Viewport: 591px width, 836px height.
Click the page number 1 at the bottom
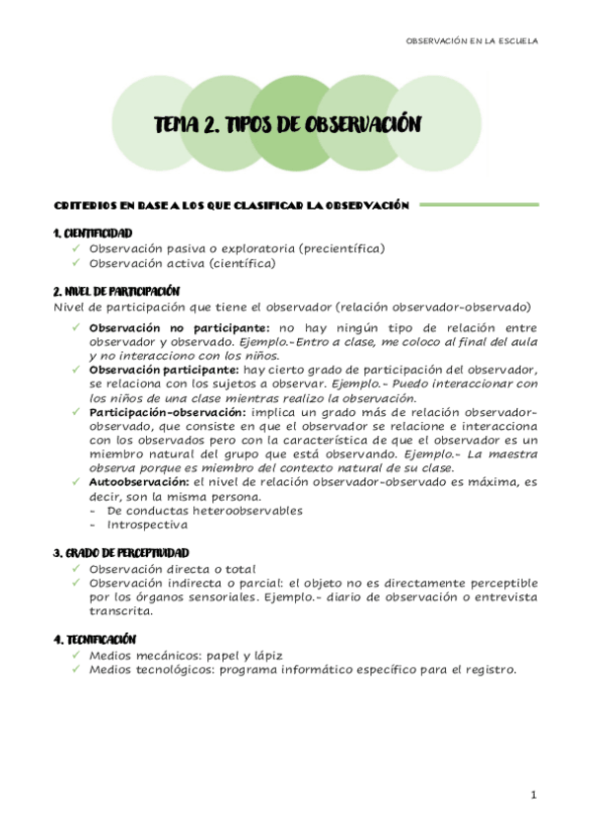point(532,795)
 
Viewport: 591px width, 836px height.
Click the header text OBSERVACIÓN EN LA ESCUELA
point(473,40)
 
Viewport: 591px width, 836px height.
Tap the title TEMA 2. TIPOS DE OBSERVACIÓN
point(288,124)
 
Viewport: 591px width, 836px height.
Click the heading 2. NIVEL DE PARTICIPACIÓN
point(115,291)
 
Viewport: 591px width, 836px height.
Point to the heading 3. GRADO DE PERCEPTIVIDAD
point(120,553)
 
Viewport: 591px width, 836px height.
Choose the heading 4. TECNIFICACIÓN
point(95,640)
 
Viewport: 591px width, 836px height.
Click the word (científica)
point(241,263)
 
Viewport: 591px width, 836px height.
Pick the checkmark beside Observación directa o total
point(77,569)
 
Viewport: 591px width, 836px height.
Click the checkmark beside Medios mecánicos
point(77,655)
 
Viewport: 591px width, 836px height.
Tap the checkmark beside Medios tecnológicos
point(77,669)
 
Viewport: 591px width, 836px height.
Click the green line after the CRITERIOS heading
point(478,205)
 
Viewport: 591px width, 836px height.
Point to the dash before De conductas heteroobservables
point(93,511)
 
